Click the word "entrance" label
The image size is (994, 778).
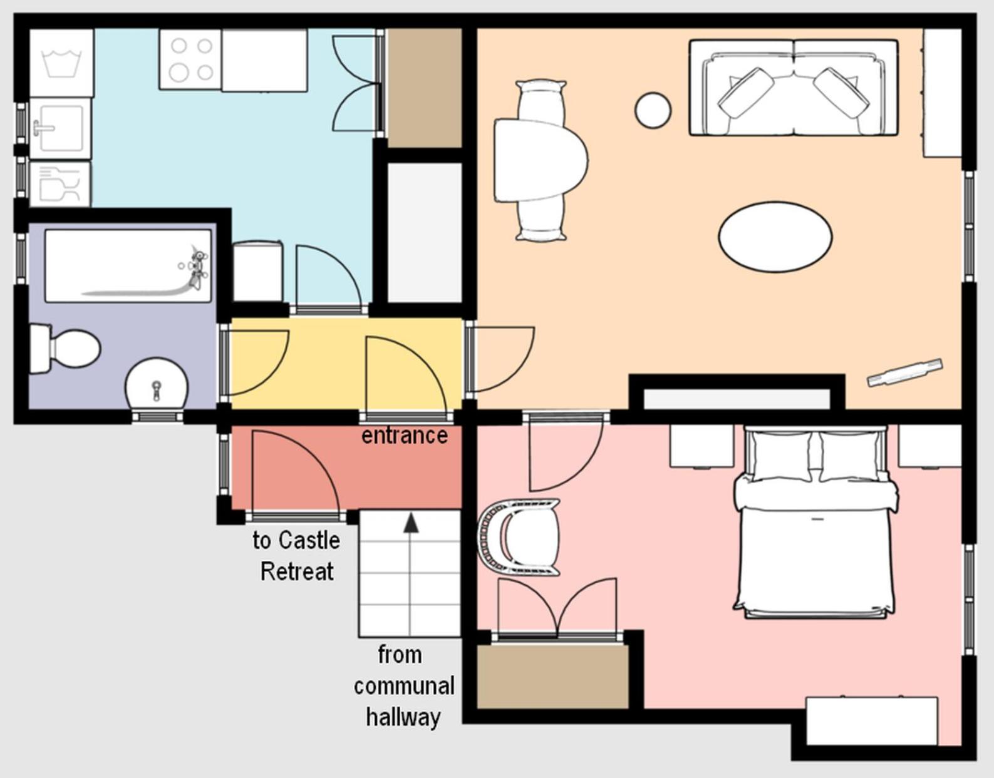405,436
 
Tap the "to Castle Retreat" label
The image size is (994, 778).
296,556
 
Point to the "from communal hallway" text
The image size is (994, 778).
404,686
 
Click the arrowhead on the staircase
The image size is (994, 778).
411,523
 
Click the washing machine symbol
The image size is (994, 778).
61,63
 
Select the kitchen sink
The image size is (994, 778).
60,128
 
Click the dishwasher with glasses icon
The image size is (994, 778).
60,184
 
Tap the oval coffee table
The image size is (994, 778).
775,237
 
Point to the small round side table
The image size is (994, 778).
653,110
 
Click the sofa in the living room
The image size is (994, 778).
794,87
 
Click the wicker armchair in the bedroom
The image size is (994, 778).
519,536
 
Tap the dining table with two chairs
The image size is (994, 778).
541,160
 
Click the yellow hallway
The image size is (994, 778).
345,364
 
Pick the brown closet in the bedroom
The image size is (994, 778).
552,677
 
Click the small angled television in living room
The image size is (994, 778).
905,373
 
